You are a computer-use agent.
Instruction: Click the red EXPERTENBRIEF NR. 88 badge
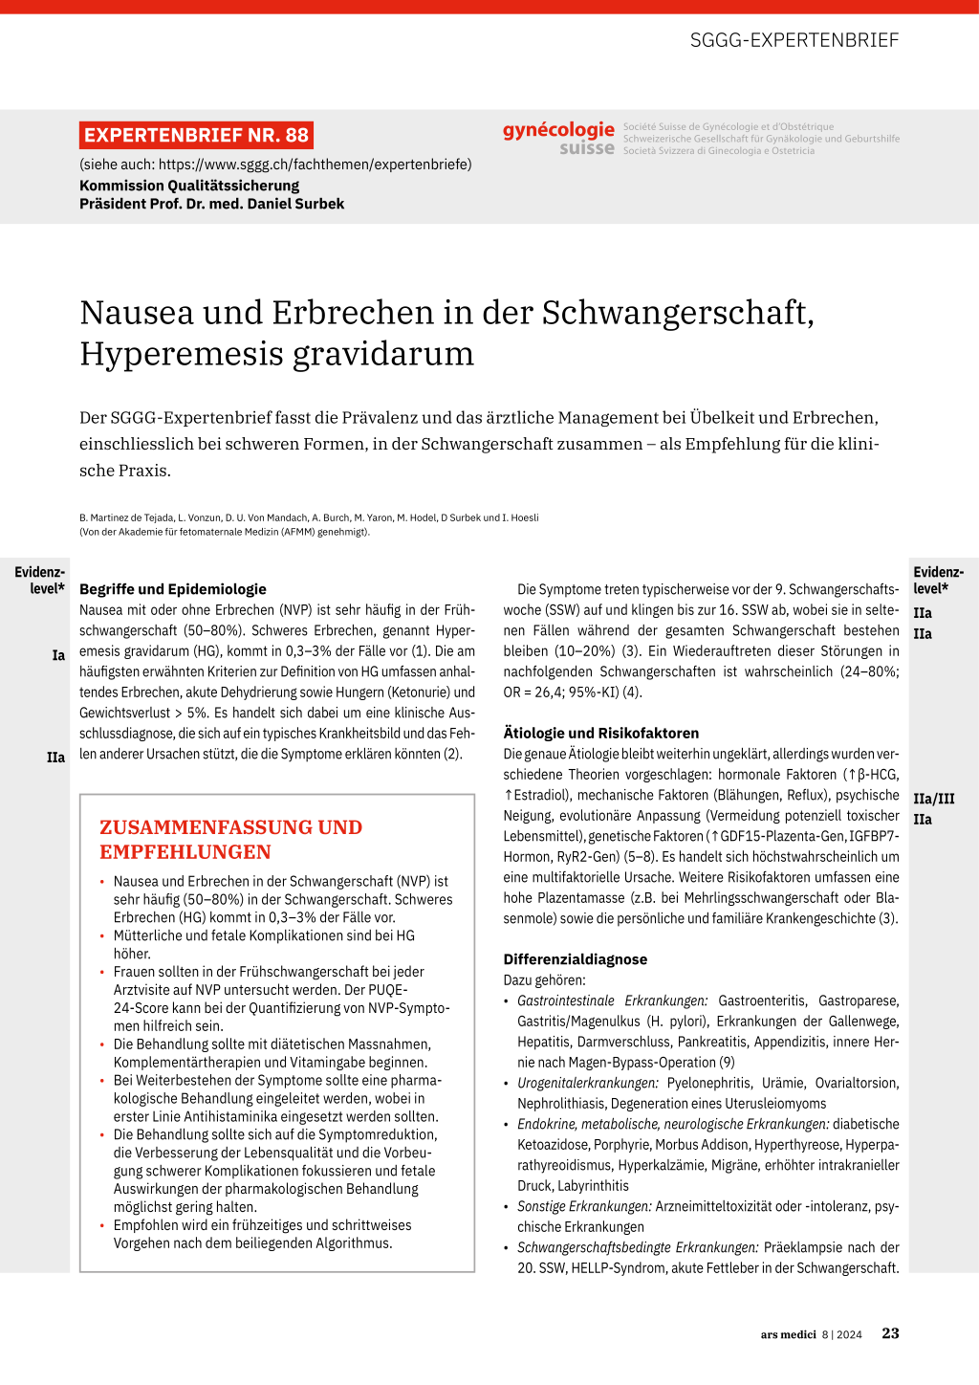(196, 135)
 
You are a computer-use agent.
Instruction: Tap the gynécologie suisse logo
(559, 138)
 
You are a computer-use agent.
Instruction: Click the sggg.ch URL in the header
(315, 165)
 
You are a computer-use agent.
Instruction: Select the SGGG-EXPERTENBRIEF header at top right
(794, 40)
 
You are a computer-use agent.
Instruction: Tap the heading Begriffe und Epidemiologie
(173, 589)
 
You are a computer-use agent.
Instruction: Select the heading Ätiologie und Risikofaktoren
(601, 733)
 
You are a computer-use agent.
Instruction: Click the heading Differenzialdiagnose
(576, 959)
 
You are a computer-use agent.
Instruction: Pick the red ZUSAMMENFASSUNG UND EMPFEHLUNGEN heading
(230, 839)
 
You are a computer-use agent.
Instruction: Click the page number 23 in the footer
(890, 1333)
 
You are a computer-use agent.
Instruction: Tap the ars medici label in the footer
(789, 1334)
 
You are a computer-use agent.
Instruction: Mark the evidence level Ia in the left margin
(58, 655)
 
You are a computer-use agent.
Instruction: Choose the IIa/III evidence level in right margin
(934, 799)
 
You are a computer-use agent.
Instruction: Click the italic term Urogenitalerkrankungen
(588, 1083)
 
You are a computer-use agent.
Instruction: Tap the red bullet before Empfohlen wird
(102, 1225)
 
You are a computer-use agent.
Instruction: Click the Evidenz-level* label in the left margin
(40, 581)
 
